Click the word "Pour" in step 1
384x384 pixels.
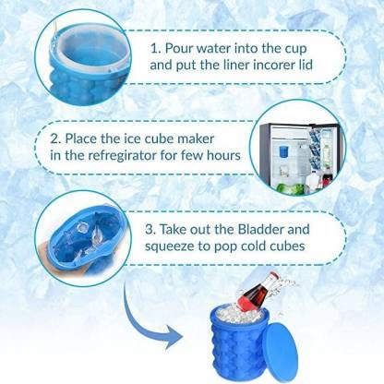point(179,48)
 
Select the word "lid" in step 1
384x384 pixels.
point(305,65)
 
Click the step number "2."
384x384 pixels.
point(56,138)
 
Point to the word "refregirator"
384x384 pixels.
point(123,155)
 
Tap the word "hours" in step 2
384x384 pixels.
point(223,155)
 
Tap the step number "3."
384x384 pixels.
point(150,230)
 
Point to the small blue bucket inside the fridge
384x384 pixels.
point(283,153)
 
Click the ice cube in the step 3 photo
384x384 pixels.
point(82,228)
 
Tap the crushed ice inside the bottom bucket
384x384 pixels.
point(237,315)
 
